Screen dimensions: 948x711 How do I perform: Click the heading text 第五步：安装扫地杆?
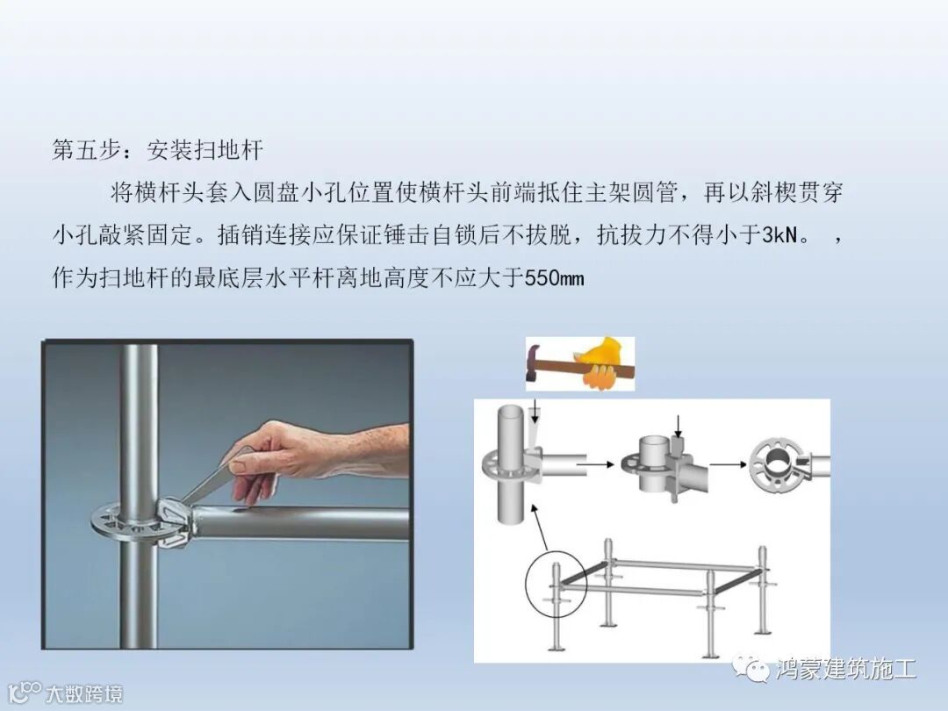point(157,149)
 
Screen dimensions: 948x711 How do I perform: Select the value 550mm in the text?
point(554,278)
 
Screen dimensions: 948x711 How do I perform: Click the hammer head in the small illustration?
point(535,363)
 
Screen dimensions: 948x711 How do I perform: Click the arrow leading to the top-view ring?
point(728,464)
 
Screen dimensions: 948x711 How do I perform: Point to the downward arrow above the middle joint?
point(679,426)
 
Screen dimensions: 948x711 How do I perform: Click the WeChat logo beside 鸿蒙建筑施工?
point(750,669)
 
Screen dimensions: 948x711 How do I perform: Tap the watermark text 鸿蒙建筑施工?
point(845,669)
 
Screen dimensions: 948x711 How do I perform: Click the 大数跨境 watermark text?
point(84,693)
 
